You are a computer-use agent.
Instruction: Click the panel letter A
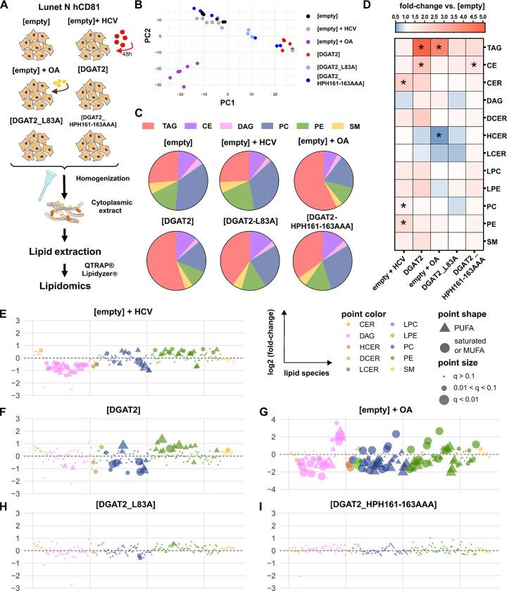6,6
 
